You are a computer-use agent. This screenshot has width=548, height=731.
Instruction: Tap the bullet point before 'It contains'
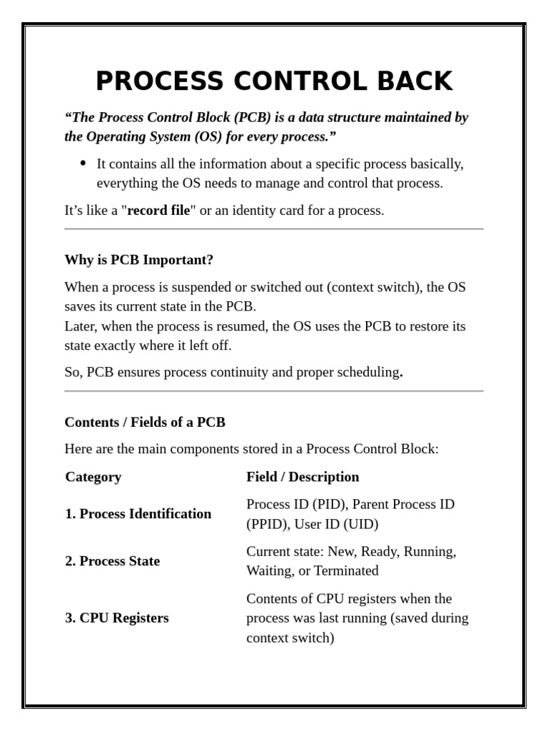tap(83, 163)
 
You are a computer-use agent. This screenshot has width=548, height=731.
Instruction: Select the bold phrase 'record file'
tap(158, 211)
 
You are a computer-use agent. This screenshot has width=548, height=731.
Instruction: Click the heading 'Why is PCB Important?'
tap(138, 260)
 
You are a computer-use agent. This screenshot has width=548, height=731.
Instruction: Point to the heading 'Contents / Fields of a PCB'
tap(145, 422)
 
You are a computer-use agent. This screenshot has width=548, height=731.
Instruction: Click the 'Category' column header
tap(93, 477)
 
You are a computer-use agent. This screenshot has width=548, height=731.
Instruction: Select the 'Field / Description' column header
tap(303, 477)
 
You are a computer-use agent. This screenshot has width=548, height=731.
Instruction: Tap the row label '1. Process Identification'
tap(138, 514)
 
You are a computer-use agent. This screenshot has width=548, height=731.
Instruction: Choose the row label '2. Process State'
tap(112, 561)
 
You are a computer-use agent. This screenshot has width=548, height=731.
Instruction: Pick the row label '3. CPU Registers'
tap(116, 618)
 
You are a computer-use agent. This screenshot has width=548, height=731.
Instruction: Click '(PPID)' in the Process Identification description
tap(266, 524)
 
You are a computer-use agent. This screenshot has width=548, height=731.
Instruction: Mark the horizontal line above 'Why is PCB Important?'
tap(273, 229)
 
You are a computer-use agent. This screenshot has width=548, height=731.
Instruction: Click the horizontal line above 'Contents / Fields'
tap(273, 391)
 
